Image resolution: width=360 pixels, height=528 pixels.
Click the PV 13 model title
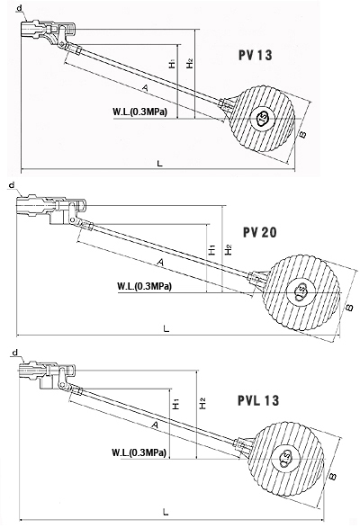(256, 55)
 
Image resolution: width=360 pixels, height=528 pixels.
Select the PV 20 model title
(259, 232)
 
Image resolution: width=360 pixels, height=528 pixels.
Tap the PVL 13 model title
(258, 400)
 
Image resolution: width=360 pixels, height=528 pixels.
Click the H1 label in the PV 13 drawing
(172, 64)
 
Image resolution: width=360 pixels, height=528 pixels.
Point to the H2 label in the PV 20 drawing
(229, 249)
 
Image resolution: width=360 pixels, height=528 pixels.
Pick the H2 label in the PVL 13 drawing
(202, 403)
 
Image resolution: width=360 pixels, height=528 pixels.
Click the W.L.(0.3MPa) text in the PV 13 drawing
(140, 112)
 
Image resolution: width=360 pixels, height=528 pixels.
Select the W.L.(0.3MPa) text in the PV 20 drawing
(145, 286)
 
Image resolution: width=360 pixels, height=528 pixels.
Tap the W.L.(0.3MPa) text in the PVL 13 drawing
(139, 452)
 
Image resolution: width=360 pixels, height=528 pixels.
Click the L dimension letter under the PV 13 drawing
(160, 164)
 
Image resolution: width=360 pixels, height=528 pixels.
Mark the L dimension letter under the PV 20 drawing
(166, 328)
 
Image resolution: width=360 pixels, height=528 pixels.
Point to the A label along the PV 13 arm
(145, 88)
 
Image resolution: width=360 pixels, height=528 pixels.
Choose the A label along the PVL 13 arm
(155, 425)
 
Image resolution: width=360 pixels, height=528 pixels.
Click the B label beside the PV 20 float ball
(349, 307)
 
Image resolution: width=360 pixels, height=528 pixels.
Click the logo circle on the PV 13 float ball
(263, 118)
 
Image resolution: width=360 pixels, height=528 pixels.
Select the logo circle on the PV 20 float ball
(301, 291)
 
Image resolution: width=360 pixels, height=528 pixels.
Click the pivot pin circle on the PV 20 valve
(73, 219)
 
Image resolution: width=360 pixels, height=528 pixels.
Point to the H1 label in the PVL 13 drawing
(175, 404)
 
